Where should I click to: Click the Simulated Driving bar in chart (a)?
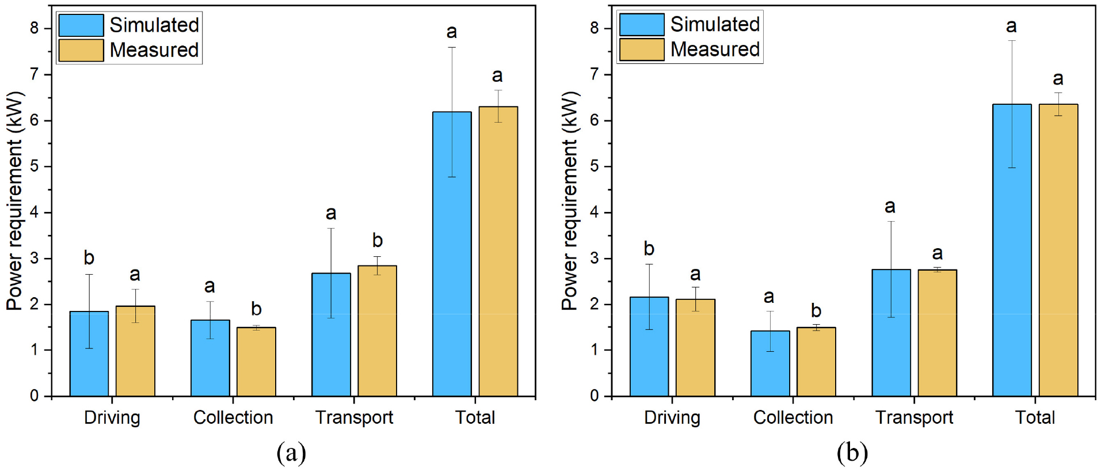coord(89,354)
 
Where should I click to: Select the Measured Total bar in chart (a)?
coord(498,251)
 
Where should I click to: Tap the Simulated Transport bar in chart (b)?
coord(891,333)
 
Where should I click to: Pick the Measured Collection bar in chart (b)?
coord(816,362)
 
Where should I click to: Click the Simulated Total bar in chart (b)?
coord(1012,250)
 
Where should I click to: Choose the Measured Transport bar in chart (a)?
coord(377,331)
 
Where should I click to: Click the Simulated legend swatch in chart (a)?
coord(81,25)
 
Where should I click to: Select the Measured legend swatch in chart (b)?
coord(642,50)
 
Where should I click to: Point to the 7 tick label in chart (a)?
coord(34,74)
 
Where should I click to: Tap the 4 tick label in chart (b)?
coord(595,212)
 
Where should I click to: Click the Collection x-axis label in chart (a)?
coord(233,417)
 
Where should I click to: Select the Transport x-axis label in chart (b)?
coord(914,417)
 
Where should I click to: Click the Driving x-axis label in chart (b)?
coord(672,418)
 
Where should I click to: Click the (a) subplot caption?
coord(291,453)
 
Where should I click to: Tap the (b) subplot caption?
coord(852,453)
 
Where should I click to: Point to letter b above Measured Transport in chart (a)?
coord(377,240)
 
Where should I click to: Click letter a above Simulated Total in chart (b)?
coord(1011,26)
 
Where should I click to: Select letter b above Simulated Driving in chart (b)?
coord(649,248)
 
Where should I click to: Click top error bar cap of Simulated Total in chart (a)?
coord(452,47)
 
